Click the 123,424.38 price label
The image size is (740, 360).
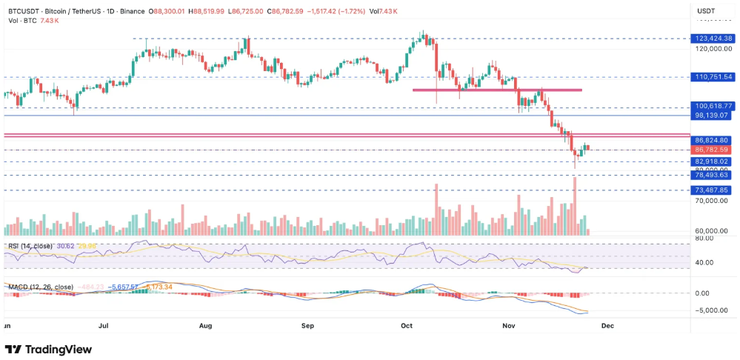click(x=713, y=38)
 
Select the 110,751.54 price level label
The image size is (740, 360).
click(x=713, y=76)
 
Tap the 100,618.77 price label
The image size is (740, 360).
click(x=713, y=107)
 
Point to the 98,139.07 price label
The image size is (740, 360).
click(x=713, y=116)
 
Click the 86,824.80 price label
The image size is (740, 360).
click(x=713, y=140)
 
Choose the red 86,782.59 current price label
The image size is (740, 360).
click(x=713, y=150)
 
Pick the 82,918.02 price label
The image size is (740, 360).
click(x=713, y=161)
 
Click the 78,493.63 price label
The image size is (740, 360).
click(x=713, y=175)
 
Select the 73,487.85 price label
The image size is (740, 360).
click(x=713, y=190)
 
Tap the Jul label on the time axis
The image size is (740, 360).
click(x=104, y=325)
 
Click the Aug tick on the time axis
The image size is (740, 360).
click(x=206, y=325)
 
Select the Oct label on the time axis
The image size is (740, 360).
click(x=406, y=325)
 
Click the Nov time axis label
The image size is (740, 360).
click(x=509, y=325)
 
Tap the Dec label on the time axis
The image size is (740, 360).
click(x=607, y=325)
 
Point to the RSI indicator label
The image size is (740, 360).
click(x=30, y=245)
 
